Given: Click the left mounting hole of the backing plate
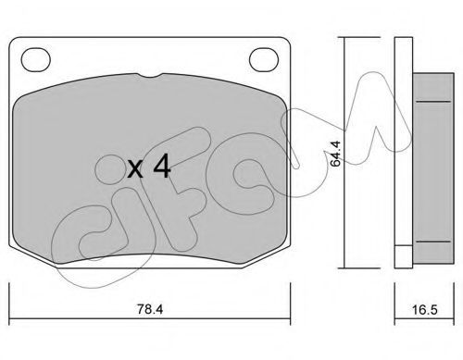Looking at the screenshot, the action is point(35,59).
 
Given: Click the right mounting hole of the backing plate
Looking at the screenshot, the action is point(264,59).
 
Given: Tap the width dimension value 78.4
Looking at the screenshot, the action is point(150,309).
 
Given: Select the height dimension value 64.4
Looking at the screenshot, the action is point(335,154).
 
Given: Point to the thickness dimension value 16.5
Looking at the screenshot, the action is point(425,309).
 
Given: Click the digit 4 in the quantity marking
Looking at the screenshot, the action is point(162,166).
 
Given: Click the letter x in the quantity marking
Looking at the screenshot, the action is point(135,169).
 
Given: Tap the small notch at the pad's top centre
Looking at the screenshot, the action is point(149,75).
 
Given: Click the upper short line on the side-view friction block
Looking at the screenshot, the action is point(433,101).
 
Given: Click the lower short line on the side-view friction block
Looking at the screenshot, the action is point(433,242).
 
